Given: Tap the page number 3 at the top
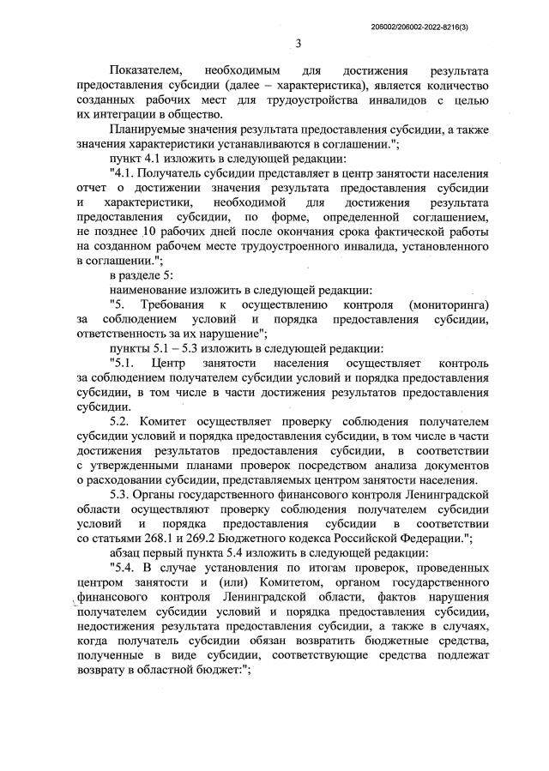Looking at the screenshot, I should click(299, 44).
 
